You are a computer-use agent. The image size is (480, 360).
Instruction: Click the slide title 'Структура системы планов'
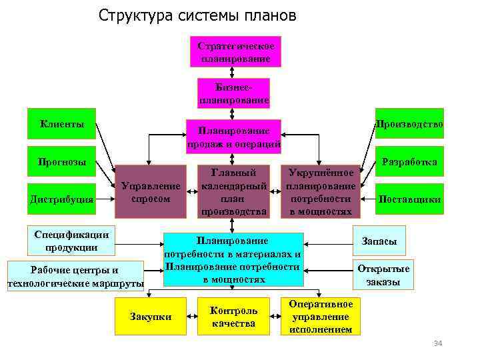pos(197,15)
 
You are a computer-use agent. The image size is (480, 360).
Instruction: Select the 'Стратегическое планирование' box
pos(235,51)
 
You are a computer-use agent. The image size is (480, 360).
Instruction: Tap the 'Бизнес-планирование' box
pos(234,93)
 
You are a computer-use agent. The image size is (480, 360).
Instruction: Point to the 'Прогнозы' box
pos(61,161)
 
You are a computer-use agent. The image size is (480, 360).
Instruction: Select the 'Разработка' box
pos(409,161)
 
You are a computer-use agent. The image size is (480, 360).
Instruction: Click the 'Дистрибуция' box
pos(61,199)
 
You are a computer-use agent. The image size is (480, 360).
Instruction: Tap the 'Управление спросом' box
pos(151,192)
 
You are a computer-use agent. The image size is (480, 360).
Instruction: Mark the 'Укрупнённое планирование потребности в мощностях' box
pos(321,191)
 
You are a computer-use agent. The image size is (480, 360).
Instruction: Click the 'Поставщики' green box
pos(409,199)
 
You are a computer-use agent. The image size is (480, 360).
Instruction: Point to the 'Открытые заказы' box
pos(383,275)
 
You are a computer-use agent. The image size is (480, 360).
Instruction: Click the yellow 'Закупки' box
pos(150,317)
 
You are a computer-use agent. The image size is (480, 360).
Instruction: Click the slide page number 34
pos(438,343)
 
